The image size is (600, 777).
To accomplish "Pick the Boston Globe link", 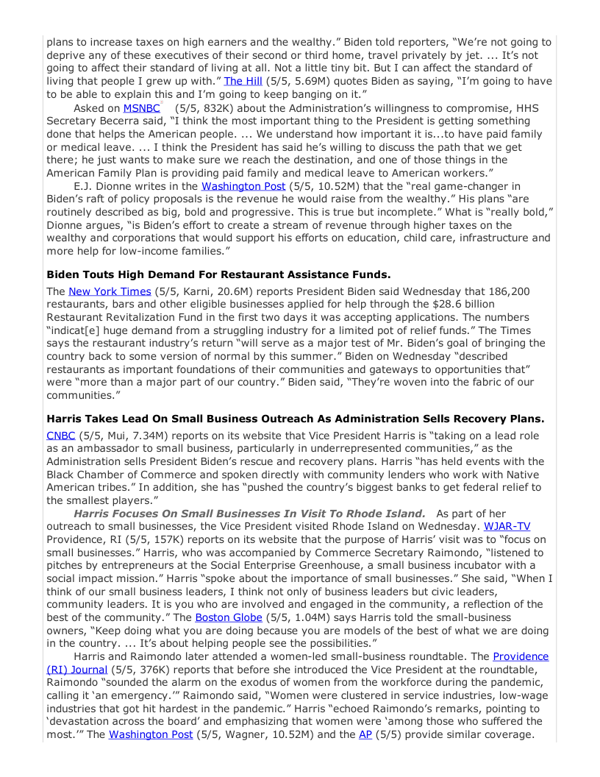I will point(228,617).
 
